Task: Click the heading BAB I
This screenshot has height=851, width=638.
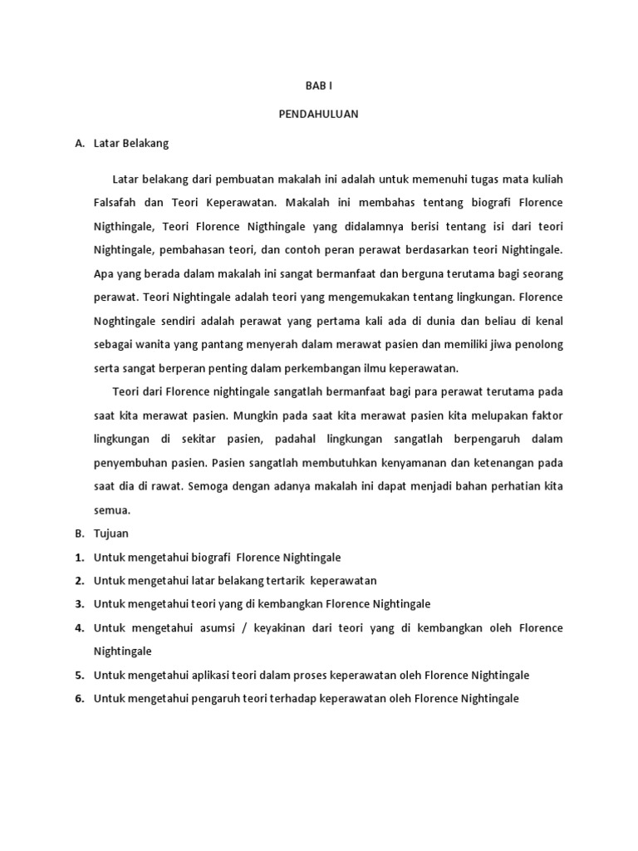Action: click(x=318, y=86)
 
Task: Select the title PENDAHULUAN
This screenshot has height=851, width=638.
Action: click(x=318, y=115)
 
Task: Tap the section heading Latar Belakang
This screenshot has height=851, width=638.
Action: click(x=131, y=143)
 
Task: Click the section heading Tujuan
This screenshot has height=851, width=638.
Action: click(x=111, y=533)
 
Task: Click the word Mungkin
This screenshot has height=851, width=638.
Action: click(x=255, y=415)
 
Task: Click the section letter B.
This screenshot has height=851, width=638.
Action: click(x=79, y=533)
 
